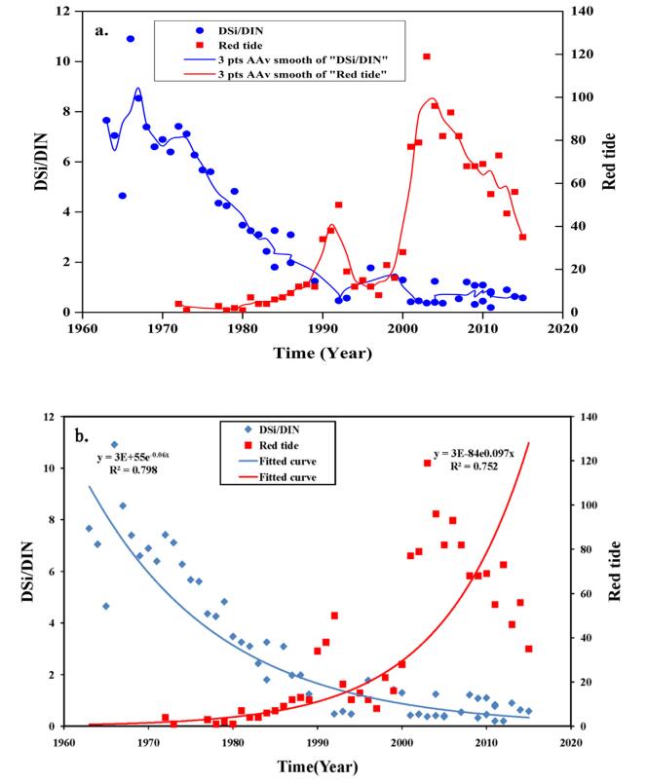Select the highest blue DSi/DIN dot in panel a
tap(130, 39)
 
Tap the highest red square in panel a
tap(426, 56)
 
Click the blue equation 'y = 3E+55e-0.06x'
tap(141, 458)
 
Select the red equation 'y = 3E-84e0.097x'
tap(484, 454)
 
